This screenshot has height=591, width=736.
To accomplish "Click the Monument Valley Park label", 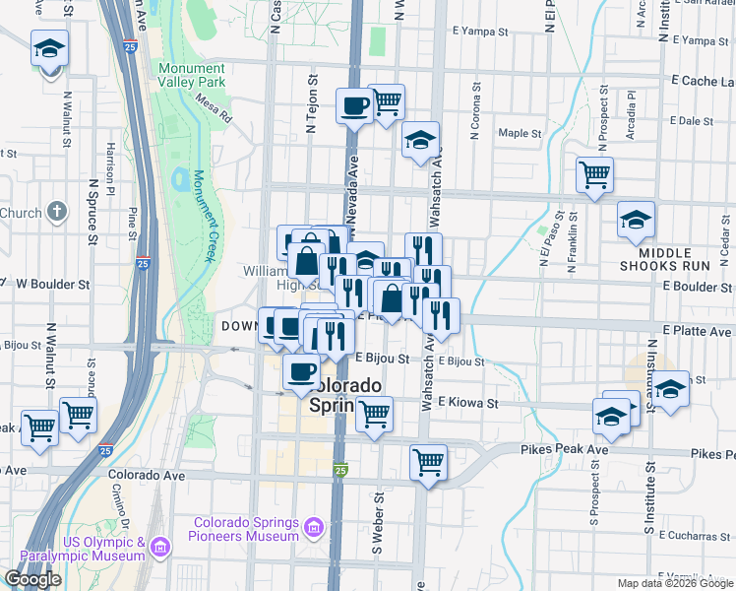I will pyautogui.click(x=192, y=75).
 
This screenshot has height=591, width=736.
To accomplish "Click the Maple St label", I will pyautogui.click(x=520, y=133).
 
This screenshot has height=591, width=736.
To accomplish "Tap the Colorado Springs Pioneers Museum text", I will pyautogui.click(x=246, y=529).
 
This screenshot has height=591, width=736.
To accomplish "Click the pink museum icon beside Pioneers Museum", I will pyautogui.click(x=314, y=529).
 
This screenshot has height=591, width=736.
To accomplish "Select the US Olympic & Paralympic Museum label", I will pyautogui.click(x=104, y=550).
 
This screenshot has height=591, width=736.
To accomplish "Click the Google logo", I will pyautogui.click(x=32, y=579).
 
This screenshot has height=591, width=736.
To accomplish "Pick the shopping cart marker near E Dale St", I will pyautogui.click(x=595, y=175).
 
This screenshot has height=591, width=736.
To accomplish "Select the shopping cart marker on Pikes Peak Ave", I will pyautogui.click(x=428, y=461).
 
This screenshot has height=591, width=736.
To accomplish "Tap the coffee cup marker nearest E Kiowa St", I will pyautogui.click(x=301, y=372).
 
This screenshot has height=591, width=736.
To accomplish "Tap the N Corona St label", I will pyautogui.click(x=476, y=116).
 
